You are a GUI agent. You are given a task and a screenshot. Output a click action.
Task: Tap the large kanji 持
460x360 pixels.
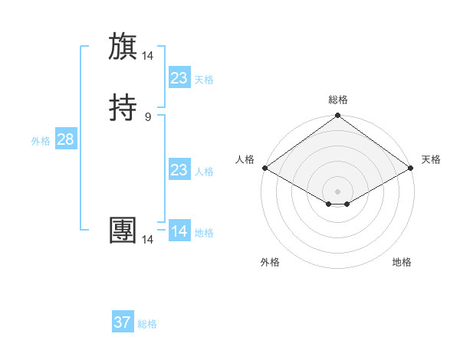(x=123, y=107)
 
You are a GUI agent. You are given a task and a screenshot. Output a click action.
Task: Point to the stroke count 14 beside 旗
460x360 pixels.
(x=148, y=55)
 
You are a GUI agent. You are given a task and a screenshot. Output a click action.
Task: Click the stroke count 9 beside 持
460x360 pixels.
(x=148, y=116)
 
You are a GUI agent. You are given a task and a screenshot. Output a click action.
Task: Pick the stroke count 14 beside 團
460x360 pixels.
(x=148, y=239)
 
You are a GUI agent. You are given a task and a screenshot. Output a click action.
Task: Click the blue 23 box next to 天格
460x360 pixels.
(x=179, y=78)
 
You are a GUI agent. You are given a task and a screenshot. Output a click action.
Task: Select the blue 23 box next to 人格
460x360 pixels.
(x=179, y=170)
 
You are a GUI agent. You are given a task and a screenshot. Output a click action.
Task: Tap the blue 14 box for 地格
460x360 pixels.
(x=179, y=231)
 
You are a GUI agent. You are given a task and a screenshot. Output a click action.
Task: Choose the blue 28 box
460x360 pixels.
(x=65, y=139)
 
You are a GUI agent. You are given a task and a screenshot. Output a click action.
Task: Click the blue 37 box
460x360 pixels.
(x=122, y=322)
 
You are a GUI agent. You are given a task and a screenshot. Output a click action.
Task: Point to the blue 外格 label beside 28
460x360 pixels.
(x=41, y=141)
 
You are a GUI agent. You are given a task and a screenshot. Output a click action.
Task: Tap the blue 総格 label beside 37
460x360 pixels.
(x=147, y=324)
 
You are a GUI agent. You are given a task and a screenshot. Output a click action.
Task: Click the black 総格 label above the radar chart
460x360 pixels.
(x=337, y=100)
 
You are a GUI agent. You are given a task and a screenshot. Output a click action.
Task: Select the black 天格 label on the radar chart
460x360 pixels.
(x=431, y=159)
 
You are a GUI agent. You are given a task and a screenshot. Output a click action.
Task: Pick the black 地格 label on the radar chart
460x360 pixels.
(x=402, y=263)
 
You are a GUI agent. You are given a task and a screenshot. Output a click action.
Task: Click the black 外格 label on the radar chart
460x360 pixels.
(x=270, y=263)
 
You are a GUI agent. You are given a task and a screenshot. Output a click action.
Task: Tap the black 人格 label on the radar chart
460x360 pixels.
(x=245, y=159)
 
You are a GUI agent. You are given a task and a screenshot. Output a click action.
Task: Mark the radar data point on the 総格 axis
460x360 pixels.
(x=337, y=116)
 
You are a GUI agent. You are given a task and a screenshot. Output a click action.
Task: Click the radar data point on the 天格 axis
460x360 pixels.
(x=411, y=168)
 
